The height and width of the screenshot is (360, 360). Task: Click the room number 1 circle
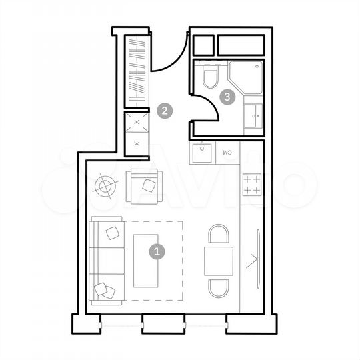[157, 252]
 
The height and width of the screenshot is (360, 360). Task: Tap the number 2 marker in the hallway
[164, 111]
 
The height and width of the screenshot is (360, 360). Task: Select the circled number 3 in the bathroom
[228, 97]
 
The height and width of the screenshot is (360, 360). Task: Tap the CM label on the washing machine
[227, 153]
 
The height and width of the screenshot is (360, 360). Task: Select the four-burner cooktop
[252, 185]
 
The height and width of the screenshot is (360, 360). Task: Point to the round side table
[105, 186]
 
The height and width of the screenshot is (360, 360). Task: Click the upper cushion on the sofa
[111, 233]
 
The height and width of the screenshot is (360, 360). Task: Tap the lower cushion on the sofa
[103, 289]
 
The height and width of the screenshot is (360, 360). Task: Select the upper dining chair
[219, 235]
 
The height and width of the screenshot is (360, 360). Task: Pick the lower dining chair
[219, 287]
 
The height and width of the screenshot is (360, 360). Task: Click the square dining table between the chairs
[219, 261]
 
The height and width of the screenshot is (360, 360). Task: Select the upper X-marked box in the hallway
[137, 123]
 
